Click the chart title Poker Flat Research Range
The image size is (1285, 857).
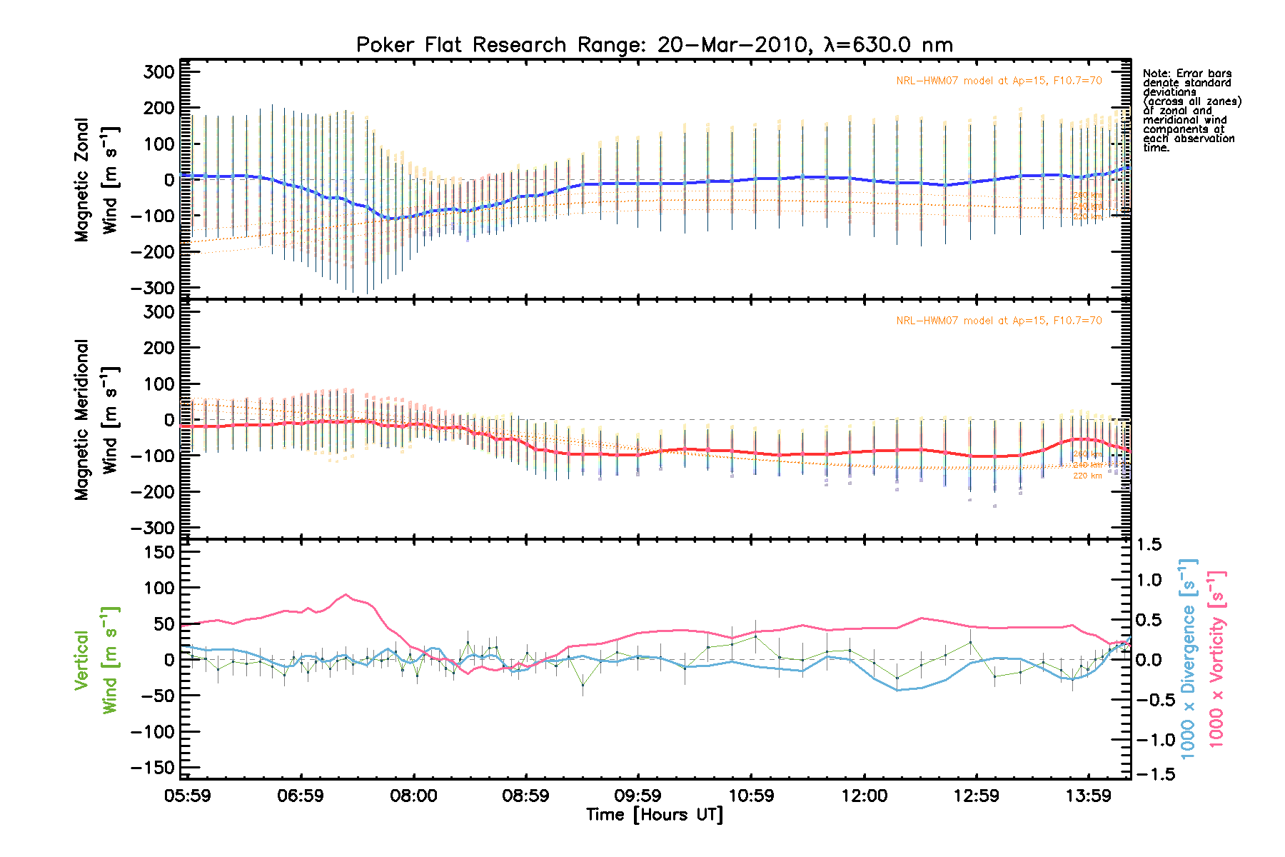pyautogui.click(x=654, y=45)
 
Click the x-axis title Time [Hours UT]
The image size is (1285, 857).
pyautogui.click(x=654, y=815)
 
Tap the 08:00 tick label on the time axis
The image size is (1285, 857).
pyautogui.click(x=413, y=796)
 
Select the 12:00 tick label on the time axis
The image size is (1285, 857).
pyautogui.click(x=864, y=796)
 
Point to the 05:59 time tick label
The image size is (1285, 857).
pyautogui.click(x=188, y=796)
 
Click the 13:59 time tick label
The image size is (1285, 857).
pyautogui.click(x=1089, y=796)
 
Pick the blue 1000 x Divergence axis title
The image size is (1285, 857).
pyautogui.click(x=1188, y=658)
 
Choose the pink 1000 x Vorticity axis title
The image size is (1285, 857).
pyautogui.click(x=1216, y=658)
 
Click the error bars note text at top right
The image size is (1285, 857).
pyautogui.click(x=1191, y=111)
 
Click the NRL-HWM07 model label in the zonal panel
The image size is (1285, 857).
pyautogui.click(x=999, y=81)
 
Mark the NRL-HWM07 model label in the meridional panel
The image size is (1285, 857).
pyautogui.click(x=999, y=321)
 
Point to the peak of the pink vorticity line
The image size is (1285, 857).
pyautogui.click(x=346, y=594)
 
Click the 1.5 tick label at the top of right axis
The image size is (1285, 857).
pyautogui.click(x=1149, y=545)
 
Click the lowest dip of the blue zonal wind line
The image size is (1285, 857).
pyautogui.click(x=393, y=219)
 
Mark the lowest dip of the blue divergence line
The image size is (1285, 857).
pyautogui.click(x=898, y=690)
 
